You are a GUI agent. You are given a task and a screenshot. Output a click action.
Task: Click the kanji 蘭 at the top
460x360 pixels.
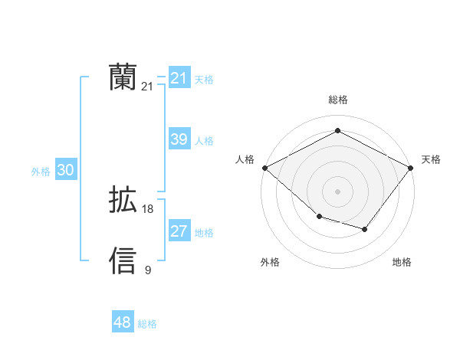point(123,78)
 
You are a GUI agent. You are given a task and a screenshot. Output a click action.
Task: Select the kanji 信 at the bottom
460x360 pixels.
point(123,261)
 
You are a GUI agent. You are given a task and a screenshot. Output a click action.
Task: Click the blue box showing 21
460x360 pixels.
point(179,78)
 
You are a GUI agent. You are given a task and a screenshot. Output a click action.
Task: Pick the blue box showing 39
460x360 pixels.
point(179,139)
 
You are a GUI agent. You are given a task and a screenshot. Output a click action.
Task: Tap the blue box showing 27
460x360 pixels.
point(179,231)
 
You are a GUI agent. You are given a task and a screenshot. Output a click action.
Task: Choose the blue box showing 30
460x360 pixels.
point(65,171)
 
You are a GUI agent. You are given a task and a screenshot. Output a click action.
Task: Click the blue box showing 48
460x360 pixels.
point(122,322)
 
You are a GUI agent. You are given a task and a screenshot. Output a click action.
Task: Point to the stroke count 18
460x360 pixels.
point(148,209)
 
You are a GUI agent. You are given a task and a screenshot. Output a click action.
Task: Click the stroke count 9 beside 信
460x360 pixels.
point(148,270)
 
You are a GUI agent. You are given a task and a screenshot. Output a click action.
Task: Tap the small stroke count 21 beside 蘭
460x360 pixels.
point(148,87)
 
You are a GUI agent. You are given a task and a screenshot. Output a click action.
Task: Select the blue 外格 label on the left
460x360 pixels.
point(41,172)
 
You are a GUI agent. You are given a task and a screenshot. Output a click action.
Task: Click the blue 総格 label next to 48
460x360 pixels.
point(147,324)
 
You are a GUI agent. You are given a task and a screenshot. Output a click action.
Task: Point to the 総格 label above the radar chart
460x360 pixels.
point(337,100)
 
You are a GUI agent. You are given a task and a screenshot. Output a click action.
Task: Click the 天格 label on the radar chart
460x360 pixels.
point(432,159)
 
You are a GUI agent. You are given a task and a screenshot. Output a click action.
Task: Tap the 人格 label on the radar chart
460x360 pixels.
point(245,159)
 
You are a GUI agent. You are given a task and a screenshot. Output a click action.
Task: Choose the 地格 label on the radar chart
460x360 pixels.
point(402,262)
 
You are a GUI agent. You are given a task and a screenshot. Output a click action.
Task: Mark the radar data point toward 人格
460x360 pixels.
point(264,167)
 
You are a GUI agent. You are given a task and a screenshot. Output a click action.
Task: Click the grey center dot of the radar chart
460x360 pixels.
point(337,191)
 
